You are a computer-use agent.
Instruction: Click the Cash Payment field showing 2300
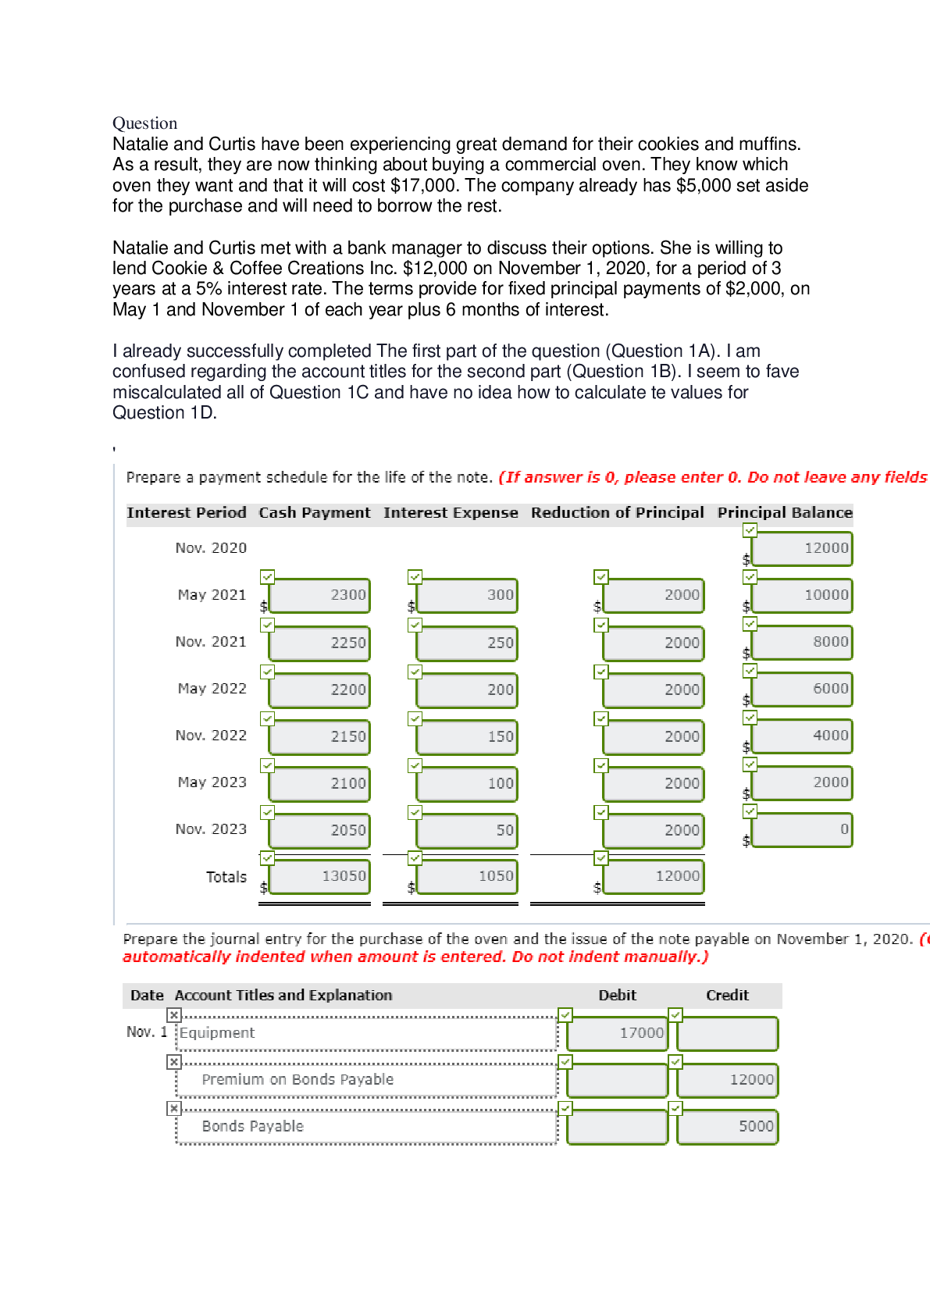(x=319, y=596)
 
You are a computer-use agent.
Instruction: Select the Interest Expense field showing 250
(x=467, y=643)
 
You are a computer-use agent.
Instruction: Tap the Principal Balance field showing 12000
(x=802, y=549)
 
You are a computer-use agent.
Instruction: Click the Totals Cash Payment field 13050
(x=319, y=877)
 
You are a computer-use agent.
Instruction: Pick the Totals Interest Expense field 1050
(x=467, y=877)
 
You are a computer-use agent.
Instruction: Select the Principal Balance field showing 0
(x=802, y=830)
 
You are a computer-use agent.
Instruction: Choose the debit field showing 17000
(x=617, y=1033)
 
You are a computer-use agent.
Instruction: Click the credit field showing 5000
(x=727, y=1127)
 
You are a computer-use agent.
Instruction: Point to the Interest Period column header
(x=187, y=513)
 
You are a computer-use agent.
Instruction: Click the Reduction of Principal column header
(x=617, y=513)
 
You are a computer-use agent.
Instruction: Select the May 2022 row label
(x=212, y=689)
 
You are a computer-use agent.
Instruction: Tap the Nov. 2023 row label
(x=211, y=829)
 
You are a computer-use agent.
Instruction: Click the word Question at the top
(x=144, y=123)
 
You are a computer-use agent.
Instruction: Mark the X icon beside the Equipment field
(x=174, y=1015)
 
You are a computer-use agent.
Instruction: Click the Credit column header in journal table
(x=727, y=996)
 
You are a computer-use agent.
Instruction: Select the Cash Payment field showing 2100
(x=319, y=784)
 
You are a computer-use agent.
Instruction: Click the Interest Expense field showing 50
(x=467, y=831)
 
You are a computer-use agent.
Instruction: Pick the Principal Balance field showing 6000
(x=802, y=690)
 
